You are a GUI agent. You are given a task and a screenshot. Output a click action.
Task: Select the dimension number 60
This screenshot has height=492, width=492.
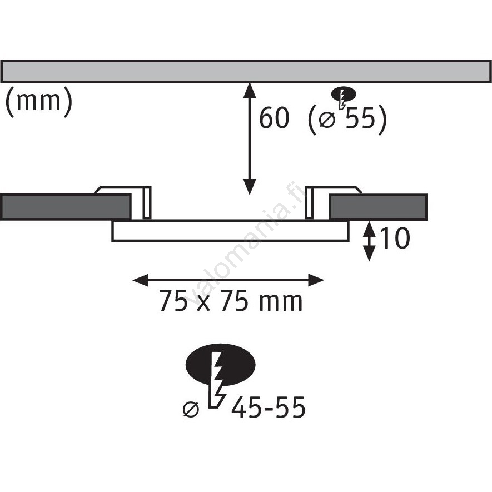pos(274,118)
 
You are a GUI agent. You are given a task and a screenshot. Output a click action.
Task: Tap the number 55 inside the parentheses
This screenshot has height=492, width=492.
pos(360,118)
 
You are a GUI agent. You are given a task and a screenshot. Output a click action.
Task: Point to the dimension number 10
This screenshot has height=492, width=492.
pos(395,238)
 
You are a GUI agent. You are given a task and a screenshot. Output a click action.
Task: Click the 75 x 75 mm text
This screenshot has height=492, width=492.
pos(231,301)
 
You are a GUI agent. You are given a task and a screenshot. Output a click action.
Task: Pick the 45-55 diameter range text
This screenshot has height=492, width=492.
pos(269,407)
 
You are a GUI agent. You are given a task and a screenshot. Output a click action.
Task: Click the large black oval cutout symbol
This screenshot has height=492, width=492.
pos(221,365)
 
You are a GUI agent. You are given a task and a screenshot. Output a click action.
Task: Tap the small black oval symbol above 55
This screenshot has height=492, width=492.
pos(344,94)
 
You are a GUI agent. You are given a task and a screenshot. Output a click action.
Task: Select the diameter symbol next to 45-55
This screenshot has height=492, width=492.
pos(191,410)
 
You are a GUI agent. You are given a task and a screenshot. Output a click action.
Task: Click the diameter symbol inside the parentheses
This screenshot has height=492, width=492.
pos(327,120)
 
